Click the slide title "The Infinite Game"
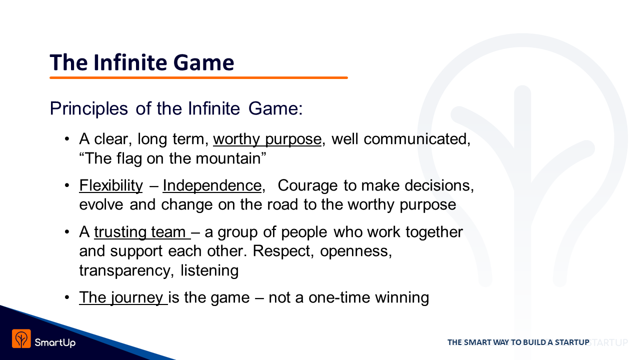click(x=142, y=62)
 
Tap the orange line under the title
click(x=198, y=77)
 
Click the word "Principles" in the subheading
click(x=89, y=109)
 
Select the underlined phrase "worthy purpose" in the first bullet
click(x=267, y=139)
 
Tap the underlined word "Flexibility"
click(x=111, y=186)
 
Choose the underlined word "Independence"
click(x=212, y=186)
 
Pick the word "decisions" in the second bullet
click(x=437, y=185)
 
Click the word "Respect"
click(x=281, y=251)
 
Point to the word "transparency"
click(x=125, y=271)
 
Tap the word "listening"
click(x=209, y=270)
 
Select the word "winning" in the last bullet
click(x=402, y=298)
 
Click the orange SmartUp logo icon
click(x=21, y=338)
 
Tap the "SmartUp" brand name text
click(x=55, y=342)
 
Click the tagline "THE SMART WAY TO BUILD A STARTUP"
click(x=518, y=342)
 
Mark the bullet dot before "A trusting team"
click(x=67, y=232)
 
